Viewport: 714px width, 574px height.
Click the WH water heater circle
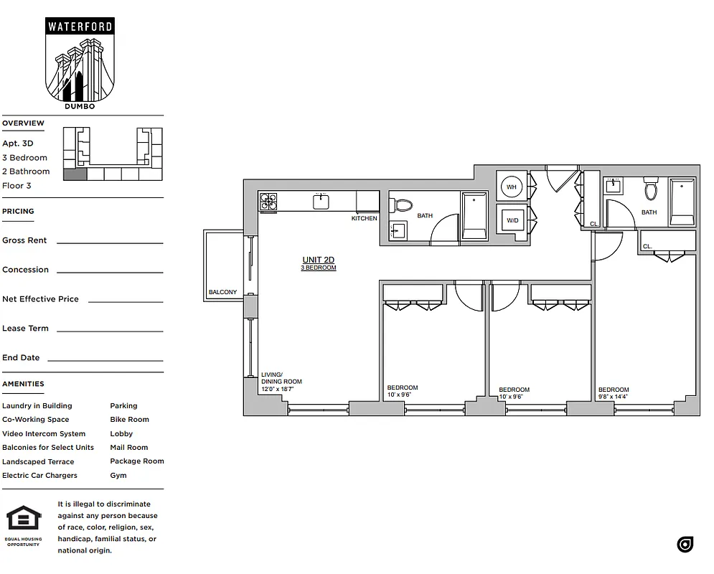click(x=512, y=187)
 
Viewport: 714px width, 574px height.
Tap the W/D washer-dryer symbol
click(x=512, y=220)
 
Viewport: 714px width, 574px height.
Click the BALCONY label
click(x=222, y=292)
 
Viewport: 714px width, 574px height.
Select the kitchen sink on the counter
click(x=321, y=202)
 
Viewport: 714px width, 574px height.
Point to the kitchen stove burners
click(x=268, y=202)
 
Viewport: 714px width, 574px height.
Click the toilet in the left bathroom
click(x=403, y=206)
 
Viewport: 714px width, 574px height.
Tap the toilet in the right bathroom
click(x=651, y=189)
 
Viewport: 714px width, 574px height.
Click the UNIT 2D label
click(x=318, y=260)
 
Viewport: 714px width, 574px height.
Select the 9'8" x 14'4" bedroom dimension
click(x=614, y=396)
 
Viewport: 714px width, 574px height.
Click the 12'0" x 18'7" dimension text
click(x=277, y=388)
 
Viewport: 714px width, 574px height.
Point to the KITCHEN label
click(x=364, y=218)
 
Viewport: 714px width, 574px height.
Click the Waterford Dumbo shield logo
click(x=80, y=63)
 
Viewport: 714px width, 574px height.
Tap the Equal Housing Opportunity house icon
click(x=23, y=518)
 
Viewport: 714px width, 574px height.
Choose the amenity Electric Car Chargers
click(x=39, y=475)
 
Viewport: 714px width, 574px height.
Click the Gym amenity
click(x=118, y=475)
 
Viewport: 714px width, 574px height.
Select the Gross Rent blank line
click(x=110, y=243)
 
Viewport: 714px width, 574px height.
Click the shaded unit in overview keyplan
click(x=75, y=174)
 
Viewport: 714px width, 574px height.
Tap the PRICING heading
click(x=18, y=211)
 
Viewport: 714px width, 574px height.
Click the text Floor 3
click(x=17, y=185)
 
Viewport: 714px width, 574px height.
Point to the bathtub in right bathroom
click(x=682, y=202)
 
